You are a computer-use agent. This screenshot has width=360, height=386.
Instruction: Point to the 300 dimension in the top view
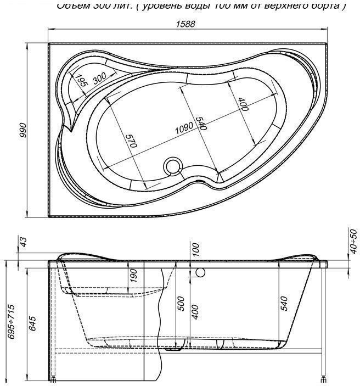[x=100, y=78]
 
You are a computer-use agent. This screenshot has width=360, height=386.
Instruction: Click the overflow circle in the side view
[x=200, y=272]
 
